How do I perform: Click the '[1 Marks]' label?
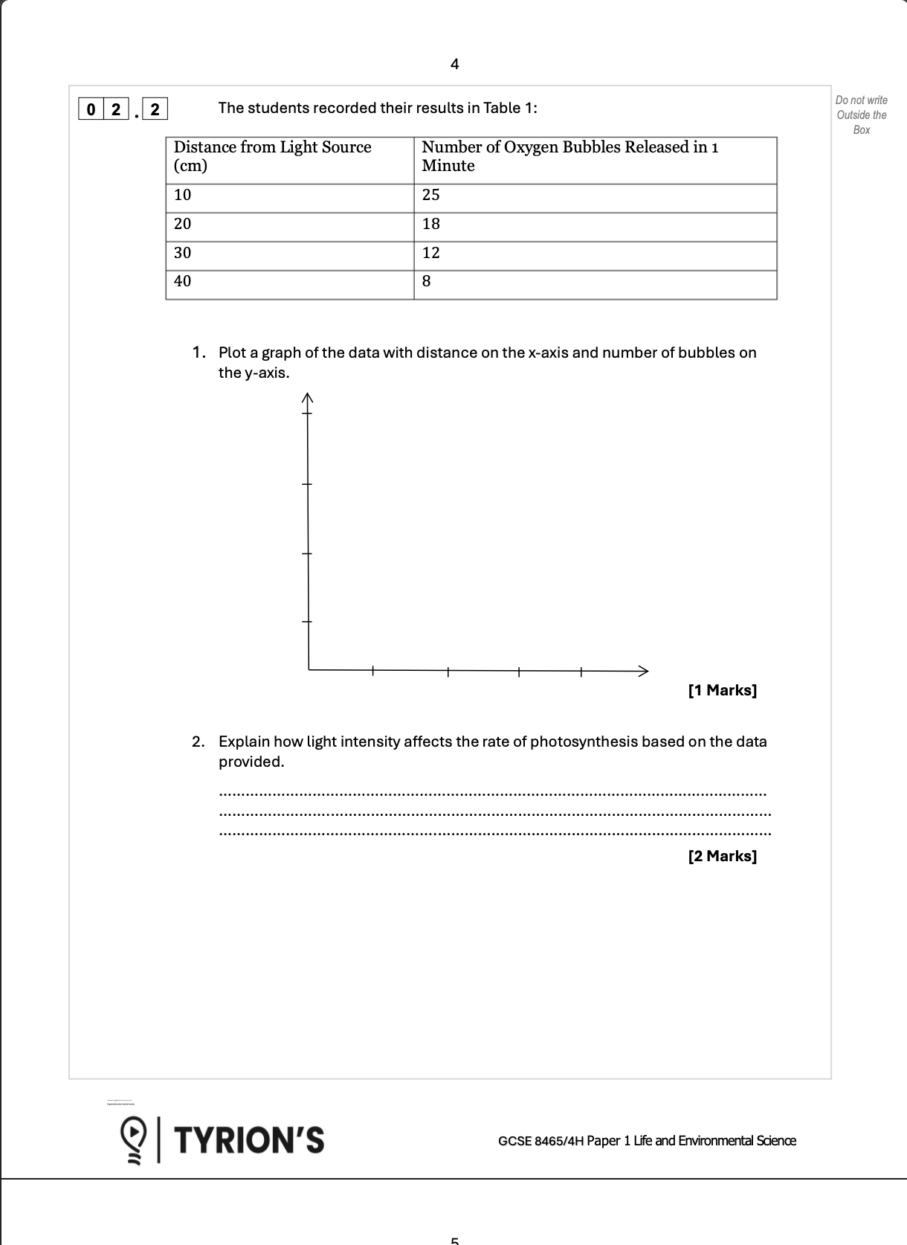pyautogui.click(x=722, y=691)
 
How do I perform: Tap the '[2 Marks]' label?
pyautogui.click(x=722, y=857)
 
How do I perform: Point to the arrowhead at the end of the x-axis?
pyautogui.click(x=643, y=671)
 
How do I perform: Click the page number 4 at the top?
pyautogui.click(x=455, y=65)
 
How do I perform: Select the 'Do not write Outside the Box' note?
pyautogui.click(x=861, y=115)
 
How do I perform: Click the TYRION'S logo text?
pyautogui.click(x=249, y=1140)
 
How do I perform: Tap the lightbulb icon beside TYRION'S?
pyautogui.click(x=134, y=1139)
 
